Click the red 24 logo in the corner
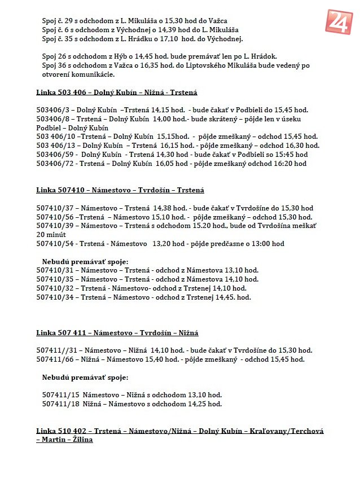pyautogui.click(x=339, y=21)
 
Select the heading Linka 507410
pyautogui.click(x=120, y=190)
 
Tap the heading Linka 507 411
pyautogui.click(x=117, y=333)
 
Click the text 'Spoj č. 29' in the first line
pyautogui.click(x=58, y=20)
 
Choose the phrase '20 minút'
pyautogui.click(x=51, y=235)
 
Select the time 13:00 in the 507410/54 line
pyautogui.click(x=265, y=244)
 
